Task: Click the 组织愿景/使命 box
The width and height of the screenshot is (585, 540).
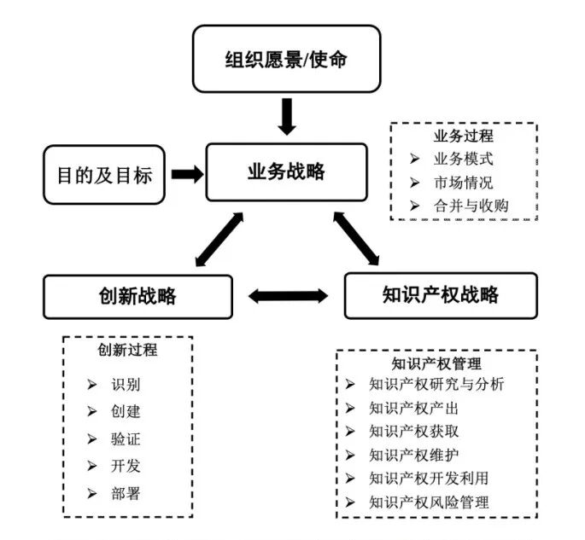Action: pos(285,59)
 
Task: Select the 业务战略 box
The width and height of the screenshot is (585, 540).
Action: pos(286,171)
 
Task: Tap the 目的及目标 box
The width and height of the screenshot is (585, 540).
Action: pos(104,175)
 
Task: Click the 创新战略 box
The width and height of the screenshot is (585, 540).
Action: pos(137,296)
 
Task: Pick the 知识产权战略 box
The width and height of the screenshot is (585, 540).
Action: pos(440,296)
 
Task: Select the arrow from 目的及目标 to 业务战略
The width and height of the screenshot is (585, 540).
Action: pos(187,174)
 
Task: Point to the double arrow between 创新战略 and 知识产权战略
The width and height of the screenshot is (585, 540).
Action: pos(288,296)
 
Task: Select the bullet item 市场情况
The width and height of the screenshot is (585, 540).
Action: pos(463,182)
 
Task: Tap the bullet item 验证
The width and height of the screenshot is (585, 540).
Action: pos(126,439)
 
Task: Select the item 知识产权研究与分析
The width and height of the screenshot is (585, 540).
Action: pos(436,384)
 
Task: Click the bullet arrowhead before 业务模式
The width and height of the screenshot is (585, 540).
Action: pos(414,159)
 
